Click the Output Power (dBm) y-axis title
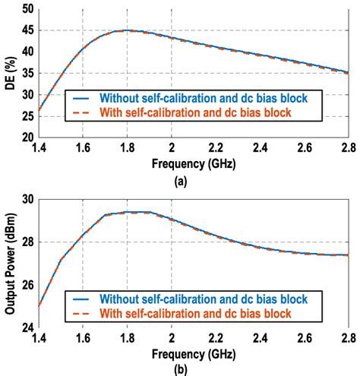click(9, 263)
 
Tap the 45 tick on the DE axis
click(27, 31)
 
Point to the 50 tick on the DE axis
click(27, 10)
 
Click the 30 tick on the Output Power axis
click(27, 199)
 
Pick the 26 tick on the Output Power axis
click(27, 285)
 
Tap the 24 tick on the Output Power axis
click(27, 327)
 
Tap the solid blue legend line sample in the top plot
click(81, 98)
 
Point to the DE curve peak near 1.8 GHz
click(127, 30)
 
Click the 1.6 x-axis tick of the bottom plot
click(82, 339)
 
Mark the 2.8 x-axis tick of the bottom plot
click(348, 339)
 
